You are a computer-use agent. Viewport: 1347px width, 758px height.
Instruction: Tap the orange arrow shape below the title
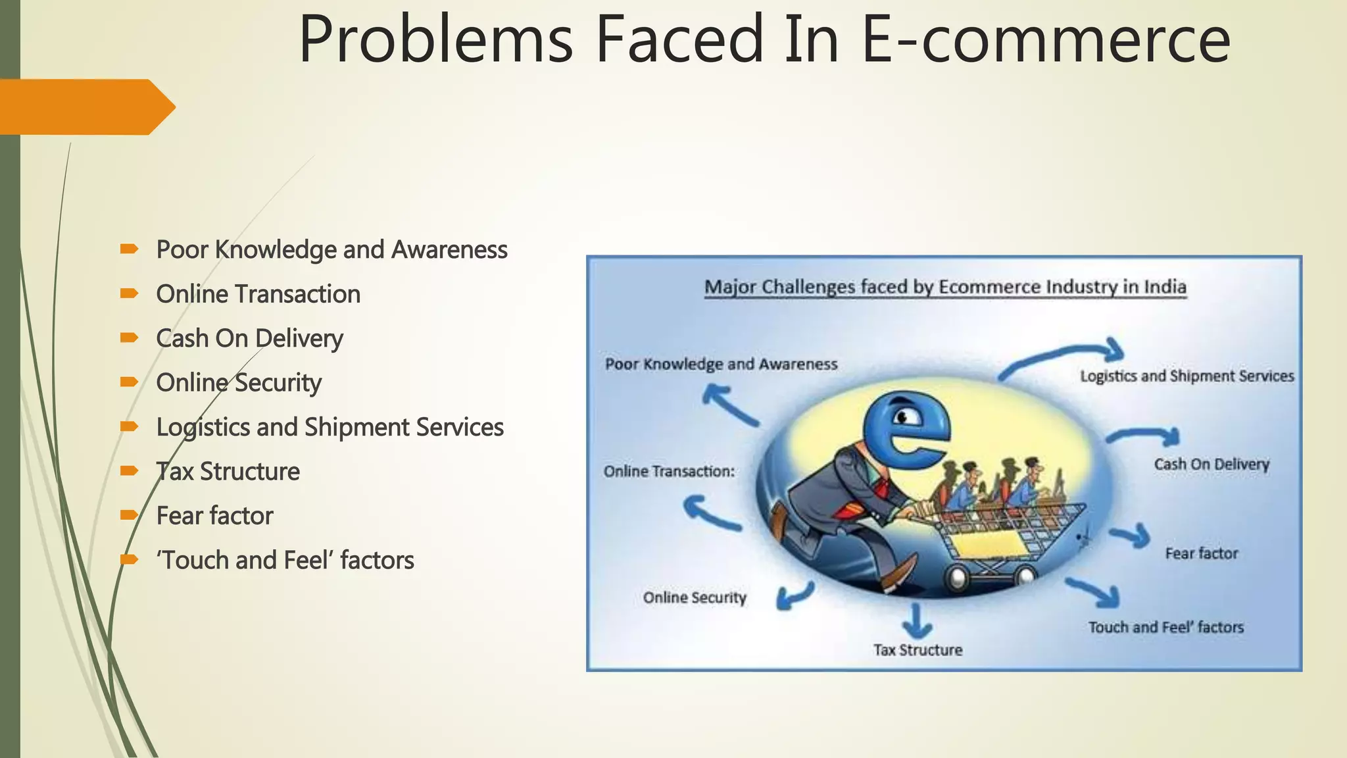pyautogui.click(x=86, y=107)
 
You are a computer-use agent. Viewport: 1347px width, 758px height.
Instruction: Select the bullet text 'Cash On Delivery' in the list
pyautogui.click(x=249, y=338)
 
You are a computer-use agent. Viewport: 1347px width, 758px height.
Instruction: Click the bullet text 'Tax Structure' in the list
pyautogui.click(x=228, y=472)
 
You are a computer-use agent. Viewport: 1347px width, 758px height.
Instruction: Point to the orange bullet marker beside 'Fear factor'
pyautogui.click(x=129, y=515)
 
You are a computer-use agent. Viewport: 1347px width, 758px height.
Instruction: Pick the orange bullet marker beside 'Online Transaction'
pyautogui.click(x=129, y=293)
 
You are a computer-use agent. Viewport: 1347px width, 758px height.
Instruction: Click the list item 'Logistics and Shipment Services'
pyautogui.click(x=330, y=427)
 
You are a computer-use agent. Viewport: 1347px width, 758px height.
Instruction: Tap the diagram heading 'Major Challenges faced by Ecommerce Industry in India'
pyautogui.click(x=945, y=288)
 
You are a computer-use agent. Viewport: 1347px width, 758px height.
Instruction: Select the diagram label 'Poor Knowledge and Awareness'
pyautogui.click(x=721, y=364)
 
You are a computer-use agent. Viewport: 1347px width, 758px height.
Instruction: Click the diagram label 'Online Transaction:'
pyautogui.click(x=669, y=471)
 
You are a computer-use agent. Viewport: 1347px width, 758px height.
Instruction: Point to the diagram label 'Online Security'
pyautogui.click(x=695, y=597)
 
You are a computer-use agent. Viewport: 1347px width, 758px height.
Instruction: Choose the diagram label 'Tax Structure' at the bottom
pyautogui.click(x=918, y=650)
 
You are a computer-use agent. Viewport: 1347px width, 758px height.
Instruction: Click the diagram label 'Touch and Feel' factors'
pyautogui.click(x=1165, y=627)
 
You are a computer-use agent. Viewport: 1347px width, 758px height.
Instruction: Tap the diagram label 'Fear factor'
pyautogui.click(x=1201, y=553)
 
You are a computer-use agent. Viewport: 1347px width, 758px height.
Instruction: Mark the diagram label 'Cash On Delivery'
pyautogui.click(x=1211, y=464)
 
